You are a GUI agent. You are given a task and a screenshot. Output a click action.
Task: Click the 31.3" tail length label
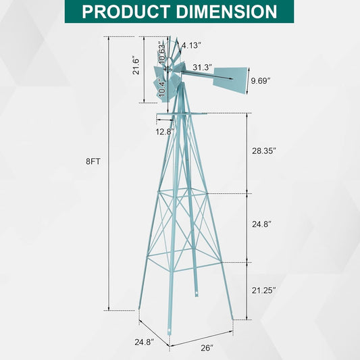pyautogui.click(x=202, y=68)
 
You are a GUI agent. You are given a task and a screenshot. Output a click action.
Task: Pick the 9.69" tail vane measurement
pyautogui.click(x=259, y=80)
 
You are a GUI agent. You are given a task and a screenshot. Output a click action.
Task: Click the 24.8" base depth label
pyautogui.click(x=143, y=342)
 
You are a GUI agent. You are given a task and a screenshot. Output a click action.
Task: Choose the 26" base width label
pyautogui.click(x=207, y=347)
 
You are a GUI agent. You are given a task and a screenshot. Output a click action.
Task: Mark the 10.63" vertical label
pyautogui.click(x=162, y=51)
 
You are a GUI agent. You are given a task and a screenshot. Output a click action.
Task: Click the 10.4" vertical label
pyautogui.click(x=161, y=88)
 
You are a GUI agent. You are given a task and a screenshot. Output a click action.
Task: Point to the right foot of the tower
pyautogui.click(x=233, y=318)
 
